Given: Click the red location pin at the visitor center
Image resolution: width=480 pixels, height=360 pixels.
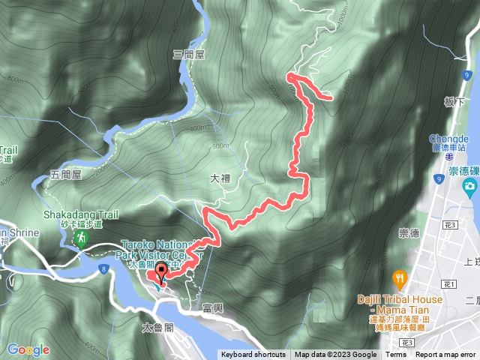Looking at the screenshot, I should click(x=160, y=272).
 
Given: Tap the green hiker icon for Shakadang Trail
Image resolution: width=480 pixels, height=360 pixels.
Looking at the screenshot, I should click(x=79, y=239).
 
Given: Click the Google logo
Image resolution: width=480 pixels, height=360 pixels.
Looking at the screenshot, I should click(x=28, y=349).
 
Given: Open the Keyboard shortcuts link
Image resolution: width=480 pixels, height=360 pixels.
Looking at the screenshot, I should click(x=253, y=355).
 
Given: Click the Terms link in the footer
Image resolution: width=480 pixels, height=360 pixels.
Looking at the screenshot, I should click(x=396, y=355).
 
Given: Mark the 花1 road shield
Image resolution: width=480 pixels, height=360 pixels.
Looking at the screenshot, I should click(x=449, y=284).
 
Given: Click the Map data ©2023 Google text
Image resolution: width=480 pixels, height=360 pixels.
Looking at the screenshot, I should click(x=335, y=355).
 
